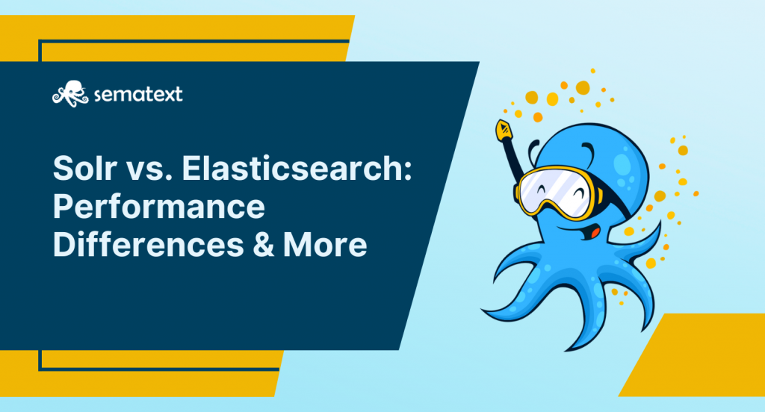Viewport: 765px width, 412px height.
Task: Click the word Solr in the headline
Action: point(84,167)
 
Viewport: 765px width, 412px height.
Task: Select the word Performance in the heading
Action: point(159,207)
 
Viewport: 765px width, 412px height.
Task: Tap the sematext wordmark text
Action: point(138,94)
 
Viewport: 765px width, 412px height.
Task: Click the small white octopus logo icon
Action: point(70,93)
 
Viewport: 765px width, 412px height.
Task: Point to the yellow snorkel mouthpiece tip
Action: point(503,130)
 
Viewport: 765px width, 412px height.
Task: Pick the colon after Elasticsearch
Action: point(408,171)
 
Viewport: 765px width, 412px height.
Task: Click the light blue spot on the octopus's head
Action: point(622,163)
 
